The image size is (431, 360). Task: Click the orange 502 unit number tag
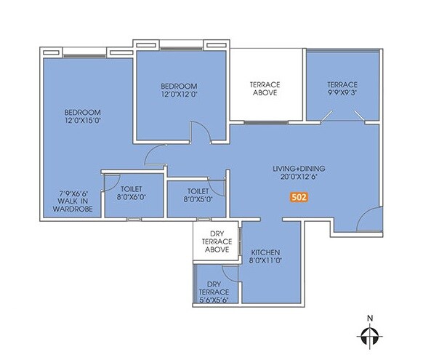(298, 196)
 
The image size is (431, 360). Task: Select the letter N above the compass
(370, 318)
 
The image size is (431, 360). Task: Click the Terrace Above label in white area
(265, 89)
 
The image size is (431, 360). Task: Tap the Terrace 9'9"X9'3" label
(342, 89)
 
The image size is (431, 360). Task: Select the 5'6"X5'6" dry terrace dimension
(214, 299)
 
